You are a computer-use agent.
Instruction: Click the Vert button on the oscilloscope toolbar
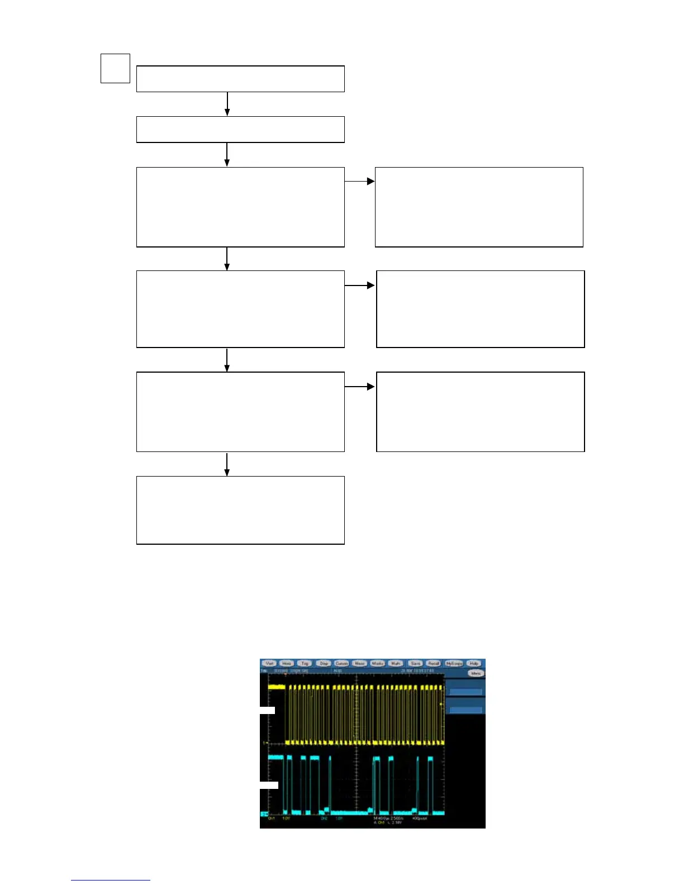[270, 663]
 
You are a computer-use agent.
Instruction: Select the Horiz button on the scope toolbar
[287, 663]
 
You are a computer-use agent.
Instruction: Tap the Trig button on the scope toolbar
[305, 663]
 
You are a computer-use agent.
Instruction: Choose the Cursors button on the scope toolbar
[341, 663]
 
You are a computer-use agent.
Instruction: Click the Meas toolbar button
[359, 663]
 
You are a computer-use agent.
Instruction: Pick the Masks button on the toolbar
[378, 663]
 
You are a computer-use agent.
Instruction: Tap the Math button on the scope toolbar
[396, 663]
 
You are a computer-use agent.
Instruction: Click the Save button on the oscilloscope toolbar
[415, 663]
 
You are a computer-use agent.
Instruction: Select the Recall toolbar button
[434, 663]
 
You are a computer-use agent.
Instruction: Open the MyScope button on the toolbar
[454, 663]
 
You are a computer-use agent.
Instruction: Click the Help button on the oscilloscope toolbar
[474, 663]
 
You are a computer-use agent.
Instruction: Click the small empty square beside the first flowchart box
[115, 68]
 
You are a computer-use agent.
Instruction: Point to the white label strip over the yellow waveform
[268, 710]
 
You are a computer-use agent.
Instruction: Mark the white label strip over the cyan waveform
[269, 785]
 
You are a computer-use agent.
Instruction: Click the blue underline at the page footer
[111, 880]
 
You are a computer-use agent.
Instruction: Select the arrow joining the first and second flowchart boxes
[227, 104]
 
